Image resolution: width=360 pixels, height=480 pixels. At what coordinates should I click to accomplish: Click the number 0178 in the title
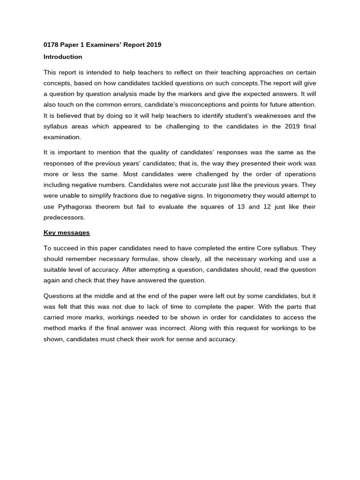coord(52,45)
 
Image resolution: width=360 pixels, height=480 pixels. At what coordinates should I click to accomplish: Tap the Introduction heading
coord(63,57)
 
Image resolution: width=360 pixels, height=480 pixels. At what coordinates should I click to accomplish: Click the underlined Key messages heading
coord(67,232)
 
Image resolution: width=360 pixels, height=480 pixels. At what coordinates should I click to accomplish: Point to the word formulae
coord(140,259)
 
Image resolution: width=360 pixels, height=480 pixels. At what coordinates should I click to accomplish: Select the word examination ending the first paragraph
coord(62,137)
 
